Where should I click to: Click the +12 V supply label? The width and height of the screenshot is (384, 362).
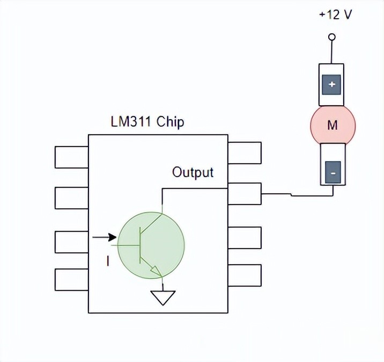pyautogui.click(x=335, y=15)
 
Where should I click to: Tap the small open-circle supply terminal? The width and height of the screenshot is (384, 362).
pyautogui.click(x=332, y=37)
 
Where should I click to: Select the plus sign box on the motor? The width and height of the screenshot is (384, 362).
pyautogui.click(x=331, y=84)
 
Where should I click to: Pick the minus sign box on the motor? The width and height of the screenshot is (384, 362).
pyautogui.click(x=332, y=173)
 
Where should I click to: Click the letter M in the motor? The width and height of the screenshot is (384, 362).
pyautogui.click(x=333, y=126)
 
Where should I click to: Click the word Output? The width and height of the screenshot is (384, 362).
pyautogui.click(x=193, y=172)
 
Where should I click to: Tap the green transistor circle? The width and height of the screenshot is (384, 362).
pyautogui.click(x=151, y=244)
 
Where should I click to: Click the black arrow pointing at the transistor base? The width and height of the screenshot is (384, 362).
pyautogui.click(x=105, y=237)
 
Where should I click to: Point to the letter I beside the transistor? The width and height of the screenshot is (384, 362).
pyautogui.click(x=108, y=262)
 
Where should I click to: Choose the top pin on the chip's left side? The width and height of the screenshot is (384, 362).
pyautogui.click(x=71, y=156)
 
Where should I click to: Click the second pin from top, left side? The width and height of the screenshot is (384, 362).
pyautogui.click(x=71, y=197)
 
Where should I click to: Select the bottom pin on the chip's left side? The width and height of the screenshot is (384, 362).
pyautogui.click(x=71, y=279)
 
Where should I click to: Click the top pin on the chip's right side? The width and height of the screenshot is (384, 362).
pyautogui.click(x=245, y=153)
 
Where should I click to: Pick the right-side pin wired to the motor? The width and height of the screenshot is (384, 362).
pyautogui.click(x=245, y=194)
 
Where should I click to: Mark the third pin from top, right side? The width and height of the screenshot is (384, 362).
pyautogui.click(x=245, y=237)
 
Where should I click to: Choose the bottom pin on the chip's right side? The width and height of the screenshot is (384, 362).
pyautogui.click(x=245, y=275)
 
